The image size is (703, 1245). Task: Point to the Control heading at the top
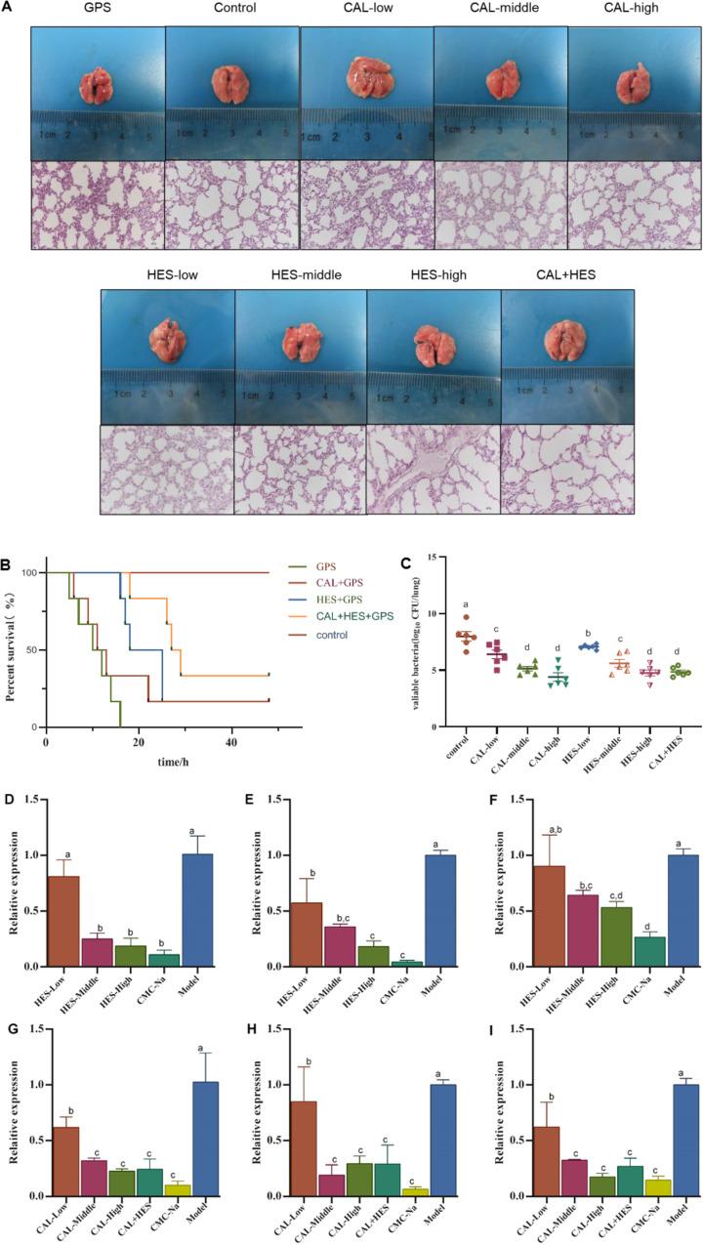click(233, 9)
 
